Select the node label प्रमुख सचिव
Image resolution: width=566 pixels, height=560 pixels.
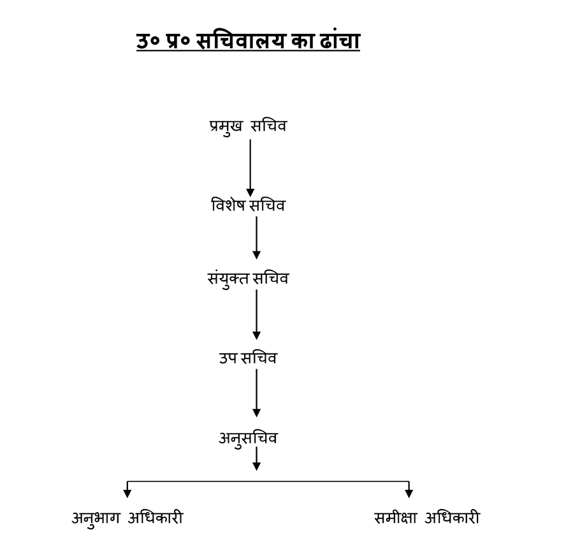tap(248, 126)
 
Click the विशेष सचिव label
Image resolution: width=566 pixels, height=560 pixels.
tap(249, 205)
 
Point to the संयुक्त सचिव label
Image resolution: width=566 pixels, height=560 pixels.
tap(248, 279)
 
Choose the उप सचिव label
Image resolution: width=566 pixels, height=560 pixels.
tap(248, 358)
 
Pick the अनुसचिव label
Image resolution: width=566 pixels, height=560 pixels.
tap(248, 438)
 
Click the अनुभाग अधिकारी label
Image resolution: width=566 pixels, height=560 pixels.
tap(127, 518)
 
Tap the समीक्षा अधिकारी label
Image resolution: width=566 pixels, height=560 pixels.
tap(426, 518)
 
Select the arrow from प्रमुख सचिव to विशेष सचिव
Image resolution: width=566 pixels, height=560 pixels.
tap(250, 167)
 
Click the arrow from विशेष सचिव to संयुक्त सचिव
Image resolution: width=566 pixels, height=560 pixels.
tap(256, 237)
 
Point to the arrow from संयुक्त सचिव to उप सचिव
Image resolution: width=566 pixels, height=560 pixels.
tap(256, 314)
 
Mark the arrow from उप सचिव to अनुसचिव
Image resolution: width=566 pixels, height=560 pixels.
tap(256, 392)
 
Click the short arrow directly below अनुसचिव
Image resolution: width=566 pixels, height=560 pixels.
tap(256, 459)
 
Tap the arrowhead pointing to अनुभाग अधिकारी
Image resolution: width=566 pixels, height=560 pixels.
tap(127, 493)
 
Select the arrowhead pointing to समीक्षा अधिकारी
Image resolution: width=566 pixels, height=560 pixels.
tap(409, 493)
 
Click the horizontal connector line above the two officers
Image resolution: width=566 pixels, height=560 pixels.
tap(268, 482)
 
